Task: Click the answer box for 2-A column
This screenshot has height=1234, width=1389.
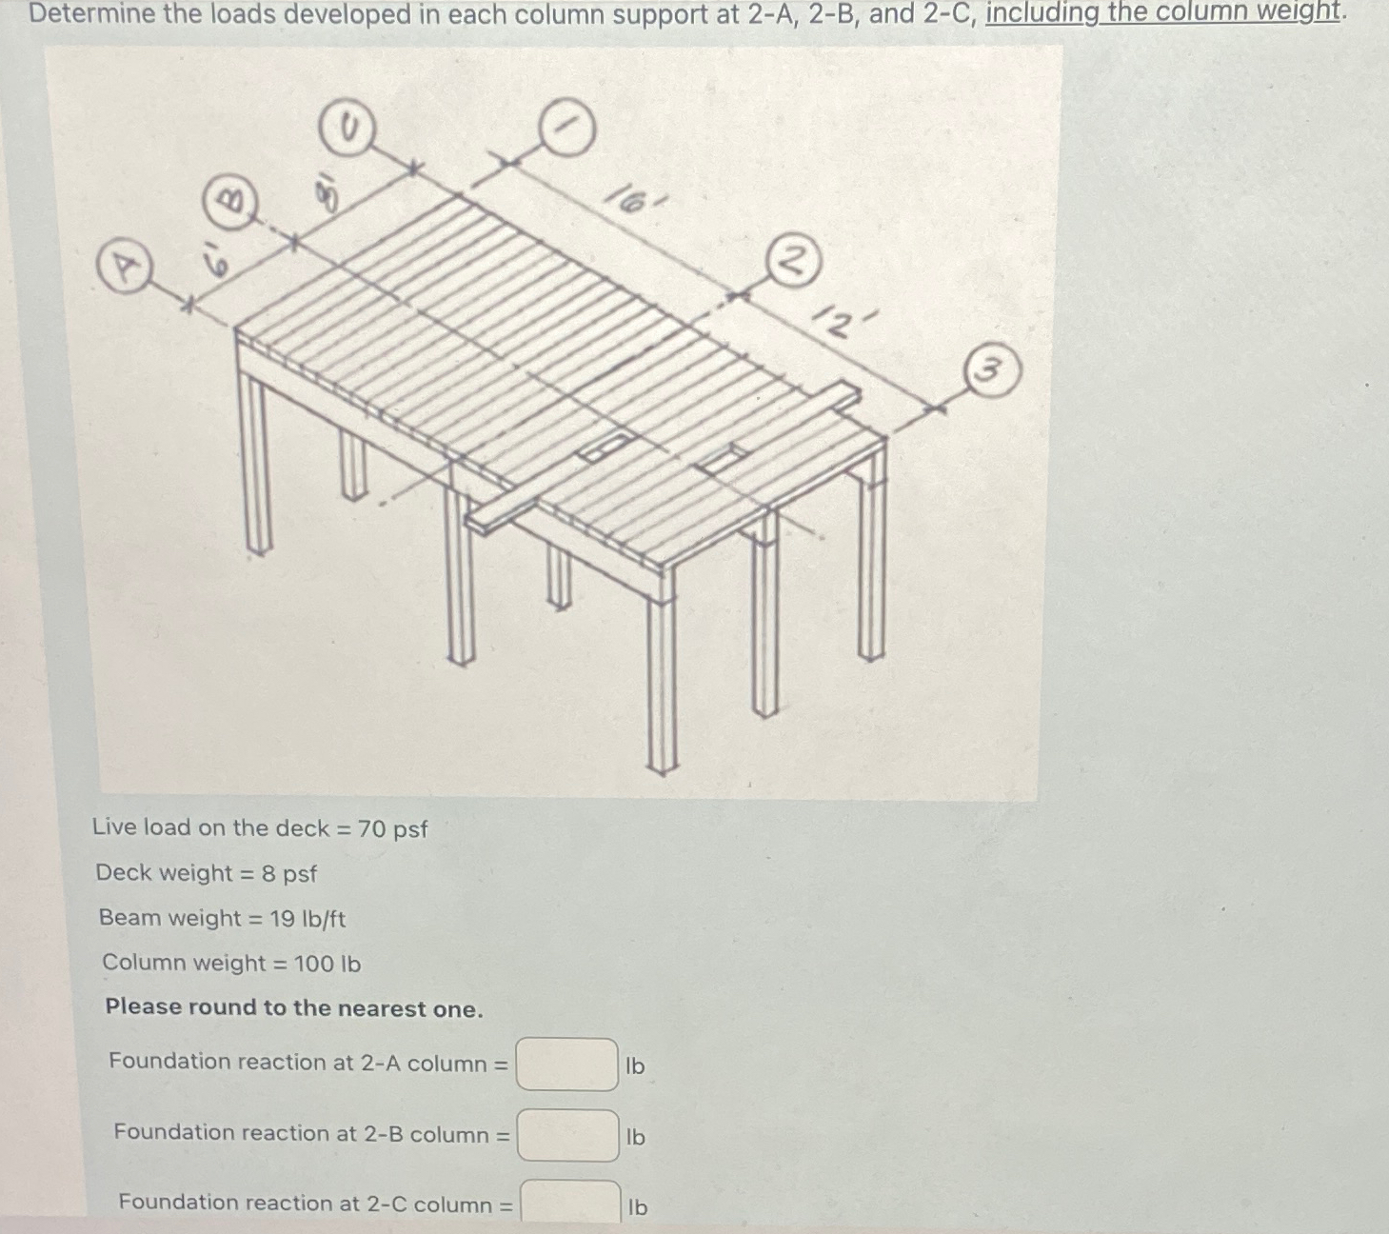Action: (566, 1065)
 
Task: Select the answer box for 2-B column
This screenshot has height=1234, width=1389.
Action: (567, 1135)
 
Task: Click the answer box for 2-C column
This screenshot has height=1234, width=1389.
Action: (569, 1203)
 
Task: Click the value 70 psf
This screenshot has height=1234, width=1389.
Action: (392, 829)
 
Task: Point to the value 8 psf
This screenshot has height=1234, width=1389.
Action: (288, 873)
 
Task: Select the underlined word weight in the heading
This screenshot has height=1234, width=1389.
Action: (1294, 12)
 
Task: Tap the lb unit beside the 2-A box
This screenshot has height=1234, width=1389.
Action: (635, 1066)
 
